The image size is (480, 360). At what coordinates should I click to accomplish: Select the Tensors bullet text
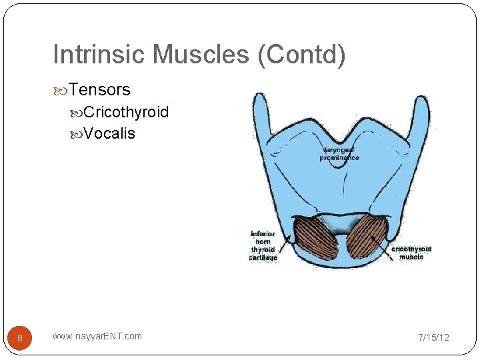pos(99,89)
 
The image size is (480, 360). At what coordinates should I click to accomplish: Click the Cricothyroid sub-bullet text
pos(127,112)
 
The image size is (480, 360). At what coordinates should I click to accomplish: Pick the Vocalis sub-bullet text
pos(109,133)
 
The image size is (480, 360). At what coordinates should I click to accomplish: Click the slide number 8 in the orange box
pos(20,338)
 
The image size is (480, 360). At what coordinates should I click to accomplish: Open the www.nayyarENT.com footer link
pos(97,336)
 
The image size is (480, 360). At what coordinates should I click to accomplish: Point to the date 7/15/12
pos(433,337)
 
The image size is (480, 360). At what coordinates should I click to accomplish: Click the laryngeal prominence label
pos(339,153)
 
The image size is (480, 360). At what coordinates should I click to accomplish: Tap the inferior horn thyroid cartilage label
pos(263,245)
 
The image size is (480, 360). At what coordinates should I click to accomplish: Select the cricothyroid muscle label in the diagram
pos(411,253)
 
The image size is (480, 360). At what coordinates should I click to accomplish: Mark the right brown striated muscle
pos(367,237)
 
